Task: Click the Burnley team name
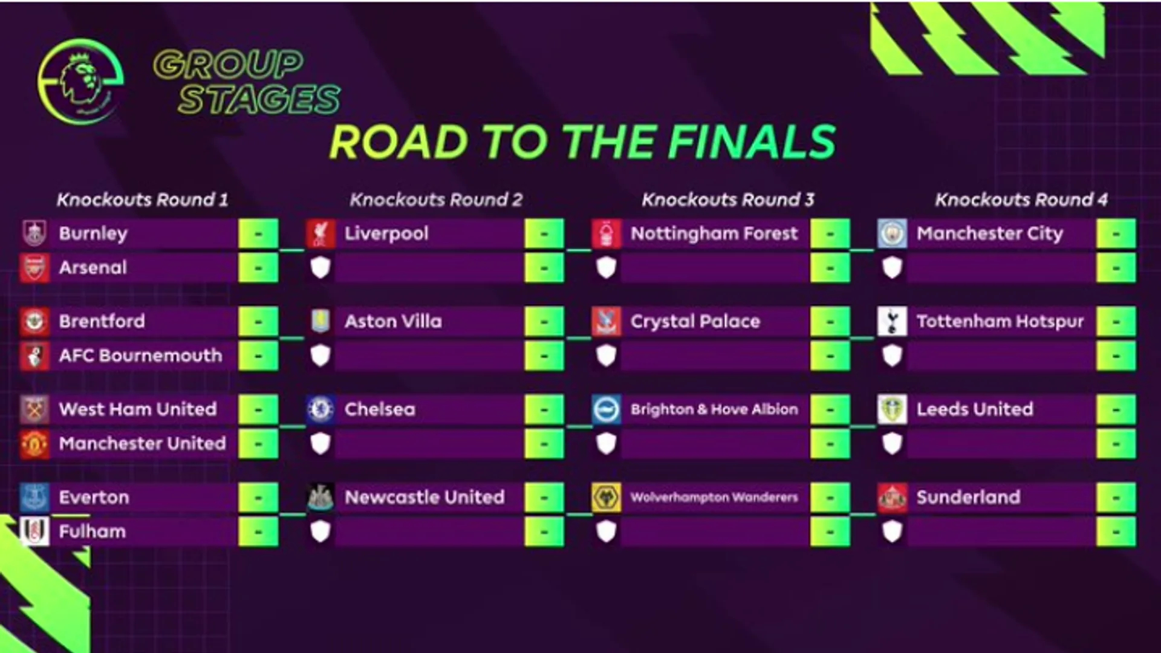[x=93, y=234]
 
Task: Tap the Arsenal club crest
[x=34, y=268]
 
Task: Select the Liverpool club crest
[x=320, y=234]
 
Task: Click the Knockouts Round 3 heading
[x=728, y=200]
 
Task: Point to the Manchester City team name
[x=989, y=234]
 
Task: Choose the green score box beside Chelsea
[x=544, y=410]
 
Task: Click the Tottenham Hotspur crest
[x=892, y=322]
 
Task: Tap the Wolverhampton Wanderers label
[x=714, y=498]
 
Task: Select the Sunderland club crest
[x=892, y=498]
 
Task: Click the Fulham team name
[x=93, y=532]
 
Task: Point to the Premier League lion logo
[x=81, y=81]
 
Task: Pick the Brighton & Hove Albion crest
[x=607, y=410]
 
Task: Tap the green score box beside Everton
[x=258, y=498]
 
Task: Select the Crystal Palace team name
[x=695, y=322]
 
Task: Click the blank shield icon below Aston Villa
[x=320, y=356]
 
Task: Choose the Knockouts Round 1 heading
[x=143, y=200]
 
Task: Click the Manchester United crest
[x=34, y=444]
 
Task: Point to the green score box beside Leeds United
[x=1116, y=410]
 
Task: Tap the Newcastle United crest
[x=320, y=498]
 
